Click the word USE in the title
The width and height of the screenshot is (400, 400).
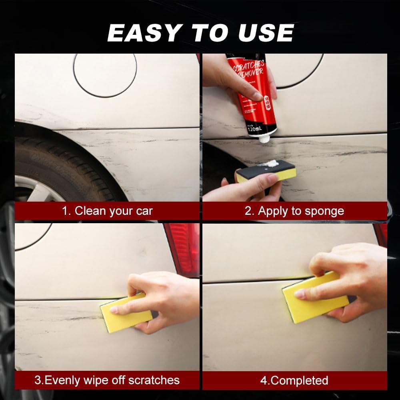pos(266,32)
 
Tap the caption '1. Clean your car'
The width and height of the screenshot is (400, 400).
pos(107,211)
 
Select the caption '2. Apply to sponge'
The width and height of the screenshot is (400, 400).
pos(294,211)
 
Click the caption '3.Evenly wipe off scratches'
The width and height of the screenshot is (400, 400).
pos(107,380)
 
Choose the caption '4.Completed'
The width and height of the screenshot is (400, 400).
pos(294,380)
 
